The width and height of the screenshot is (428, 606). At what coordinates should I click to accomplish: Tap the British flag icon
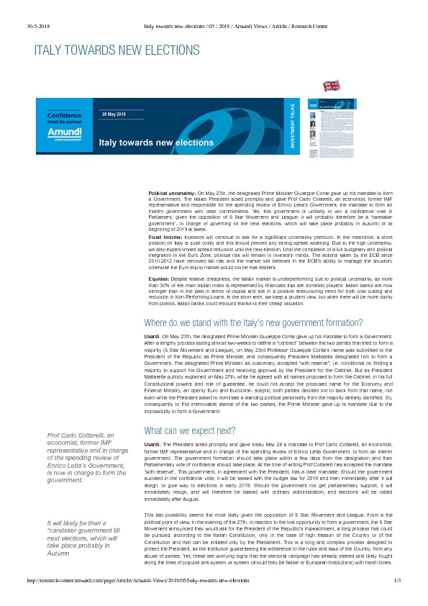(x=332, y=86)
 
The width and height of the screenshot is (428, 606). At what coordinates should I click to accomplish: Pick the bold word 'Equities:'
(x=159, y=279)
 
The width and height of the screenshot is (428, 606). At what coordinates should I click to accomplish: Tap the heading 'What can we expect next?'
(x=190, y=430)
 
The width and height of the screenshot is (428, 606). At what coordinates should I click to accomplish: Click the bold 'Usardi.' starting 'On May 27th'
(x=152, y=336)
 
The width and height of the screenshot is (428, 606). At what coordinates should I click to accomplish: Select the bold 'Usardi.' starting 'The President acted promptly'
(x=152, y=446)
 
